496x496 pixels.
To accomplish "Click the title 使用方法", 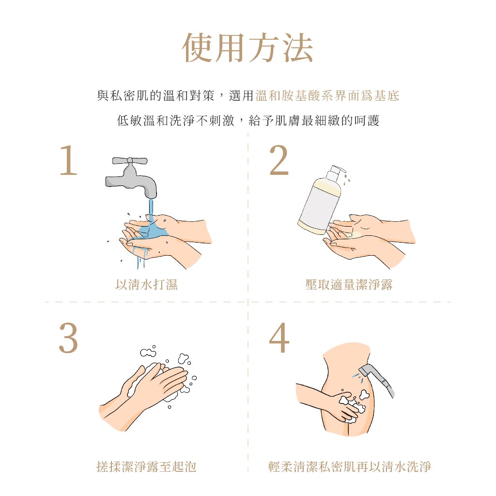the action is point(248,47).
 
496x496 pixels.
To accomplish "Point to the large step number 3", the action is point(68,338).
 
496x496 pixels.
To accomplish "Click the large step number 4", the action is point(279,337).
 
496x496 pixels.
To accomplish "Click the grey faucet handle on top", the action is point(130,160).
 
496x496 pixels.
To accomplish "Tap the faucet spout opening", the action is point(151,196).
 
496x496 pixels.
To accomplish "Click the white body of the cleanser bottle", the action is point(320,205).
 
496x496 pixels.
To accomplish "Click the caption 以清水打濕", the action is point(146,285).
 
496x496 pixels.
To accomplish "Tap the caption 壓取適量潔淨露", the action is point(349,285).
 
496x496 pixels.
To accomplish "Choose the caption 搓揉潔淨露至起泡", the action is point(146,466).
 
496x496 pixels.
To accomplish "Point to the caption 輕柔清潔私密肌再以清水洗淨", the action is point(350,466).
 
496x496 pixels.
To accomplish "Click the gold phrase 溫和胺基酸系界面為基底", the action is point(327,95).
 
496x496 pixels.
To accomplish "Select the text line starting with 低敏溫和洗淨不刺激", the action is point(248,121).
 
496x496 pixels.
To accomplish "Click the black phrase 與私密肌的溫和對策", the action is point(156,95).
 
